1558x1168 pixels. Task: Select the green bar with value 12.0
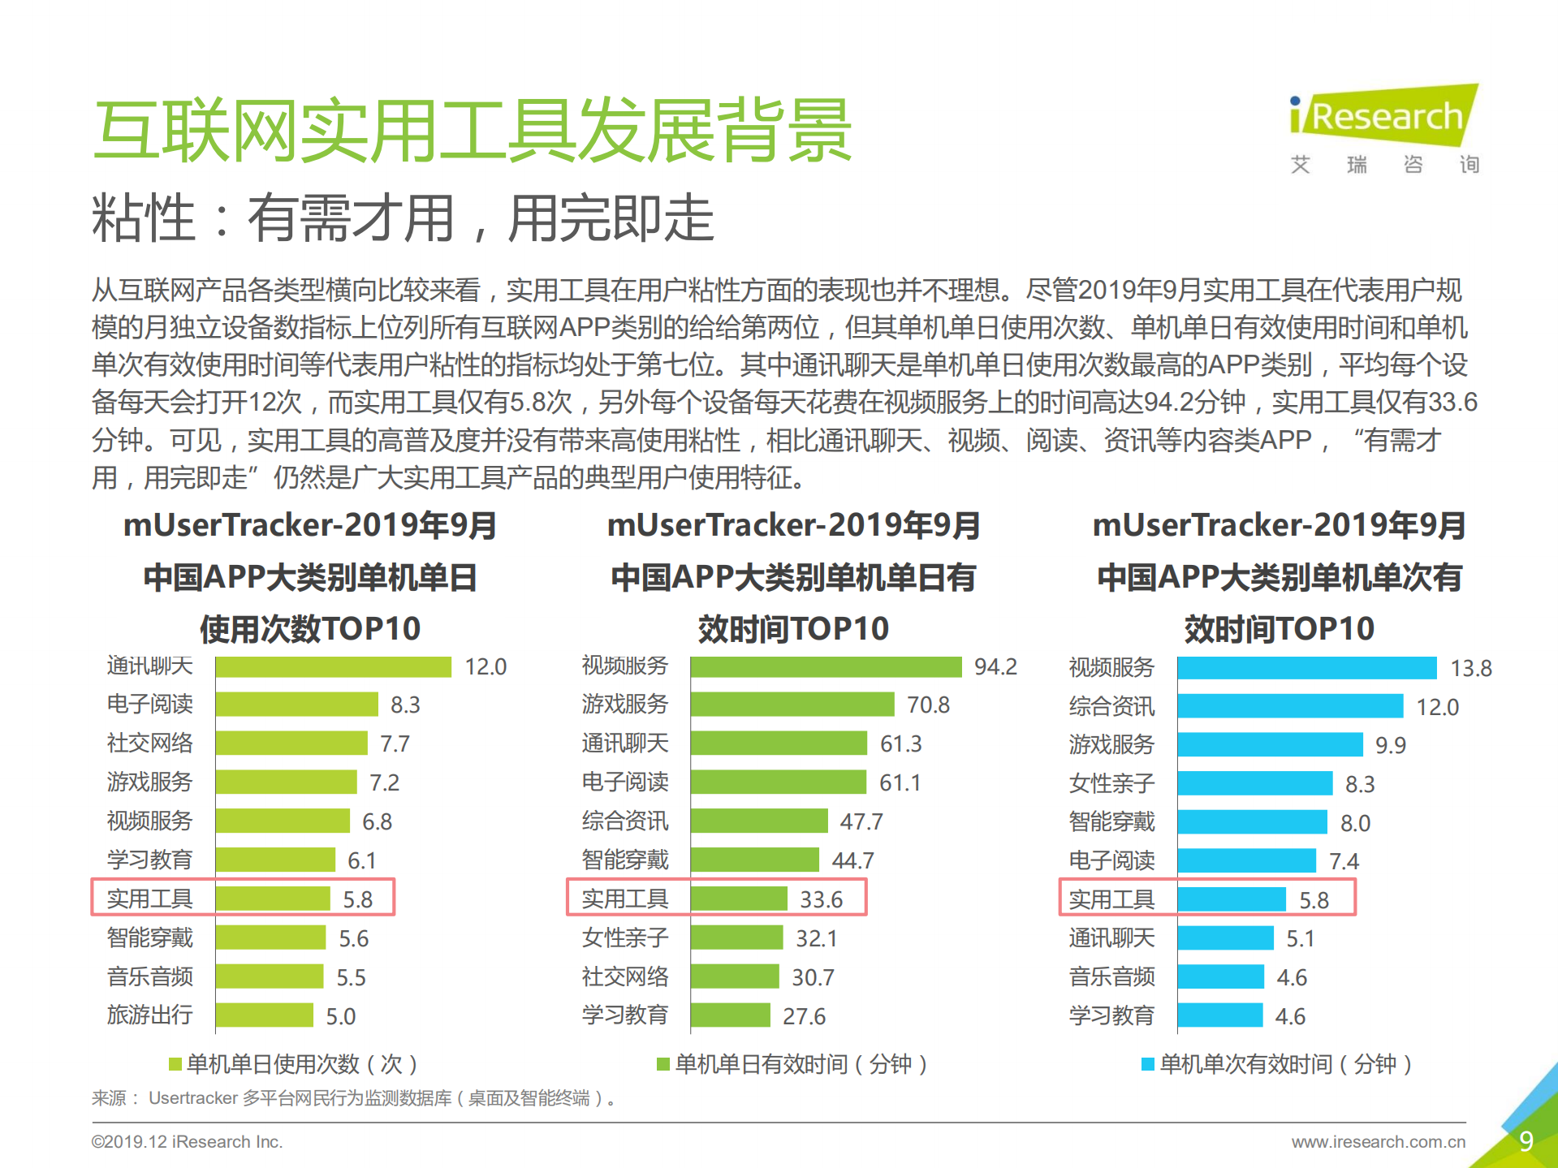point(333,667)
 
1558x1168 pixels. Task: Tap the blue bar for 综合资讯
point(1289,706)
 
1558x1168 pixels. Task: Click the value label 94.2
point(995,667)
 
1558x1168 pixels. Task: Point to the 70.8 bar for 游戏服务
point(792,705)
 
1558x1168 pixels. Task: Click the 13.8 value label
point(1470,669)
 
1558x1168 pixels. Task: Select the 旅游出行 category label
point(149,1015)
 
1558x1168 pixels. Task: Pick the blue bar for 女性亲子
point(1254,784)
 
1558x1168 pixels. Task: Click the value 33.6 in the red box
point(821,899)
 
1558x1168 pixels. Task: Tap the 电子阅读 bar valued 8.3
point(296,705)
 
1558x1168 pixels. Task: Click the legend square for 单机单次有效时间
point(1147,1064)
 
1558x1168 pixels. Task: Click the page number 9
point(1526,1141)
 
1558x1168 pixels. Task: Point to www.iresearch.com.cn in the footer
point(1378,1142)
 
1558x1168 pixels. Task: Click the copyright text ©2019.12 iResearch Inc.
point(187,1142)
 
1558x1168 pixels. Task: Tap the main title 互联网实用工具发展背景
point(472,130)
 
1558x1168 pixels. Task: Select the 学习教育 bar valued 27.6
point(730,1015)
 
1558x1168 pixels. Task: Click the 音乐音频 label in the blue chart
point(1111,977)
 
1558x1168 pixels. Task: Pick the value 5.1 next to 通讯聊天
point(1300,939)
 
